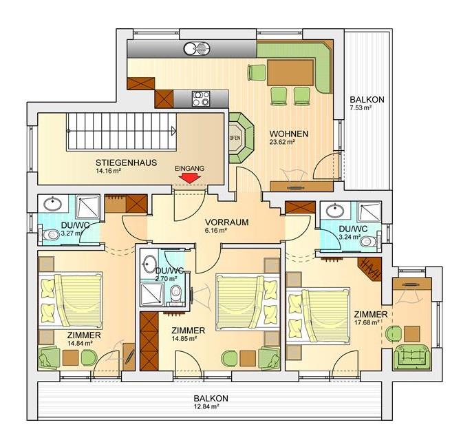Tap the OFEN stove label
[x=235, y=138]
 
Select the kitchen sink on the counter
[x=197, y=48]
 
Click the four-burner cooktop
[x=201, y=98]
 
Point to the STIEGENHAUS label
[x=127, y=163]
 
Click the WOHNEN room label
[x=289, y=134]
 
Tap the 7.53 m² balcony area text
[x=361, y=107]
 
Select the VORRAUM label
[x=227, y=222]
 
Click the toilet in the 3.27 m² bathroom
[x=51, y=234]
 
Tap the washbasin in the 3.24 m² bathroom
[x=334, y=209]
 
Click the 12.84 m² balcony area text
[x=206, y=406]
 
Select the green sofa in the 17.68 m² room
[x=411, y=357]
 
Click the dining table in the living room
[x=290, y=72]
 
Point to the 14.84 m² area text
[x=80, y=343]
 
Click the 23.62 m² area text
[x=282, y=142]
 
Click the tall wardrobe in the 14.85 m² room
[x=149, y=341]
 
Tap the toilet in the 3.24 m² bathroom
[x=368, y=241]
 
